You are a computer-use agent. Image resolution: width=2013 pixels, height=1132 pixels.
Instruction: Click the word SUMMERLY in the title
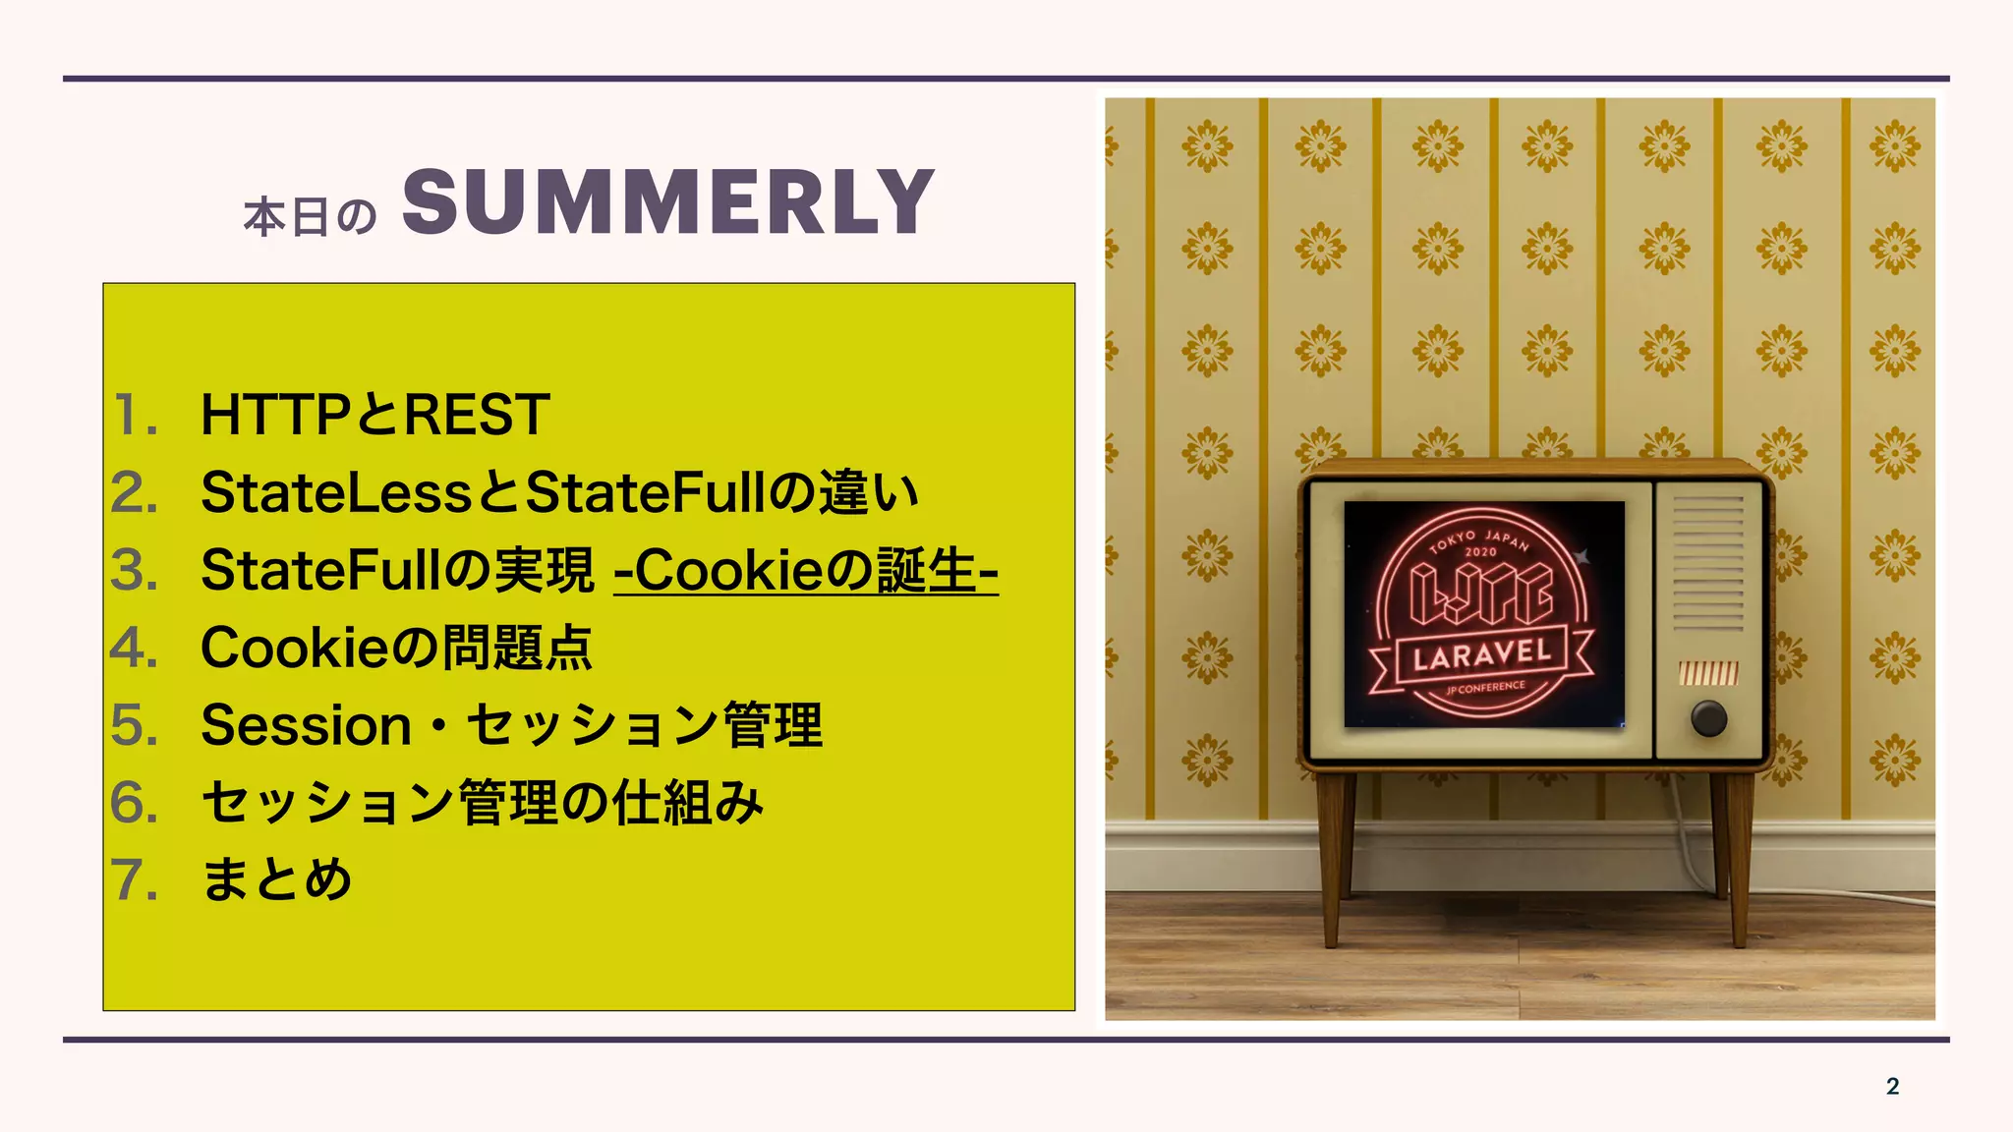click(x=667, y=202)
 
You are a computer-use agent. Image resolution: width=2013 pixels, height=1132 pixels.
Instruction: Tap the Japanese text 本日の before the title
click(x=310, y=217)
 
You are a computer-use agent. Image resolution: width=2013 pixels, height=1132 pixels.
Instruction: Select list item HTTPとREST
click(x=374, y=415)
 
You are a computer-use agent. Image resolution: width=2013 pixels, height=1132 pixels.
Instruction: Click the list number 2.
click(x=135, y=492)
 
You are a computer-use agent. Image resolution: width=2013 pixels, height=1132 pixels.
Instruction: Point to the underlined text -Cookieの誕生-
click(x=806, y=570)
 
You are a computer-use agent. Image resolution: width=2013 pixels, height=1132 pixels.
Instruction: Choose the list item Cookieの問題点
click(x=396, y=648)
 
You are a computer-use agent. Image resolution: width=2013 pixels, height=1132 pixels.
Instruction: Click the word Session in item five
click(x=306, y=725)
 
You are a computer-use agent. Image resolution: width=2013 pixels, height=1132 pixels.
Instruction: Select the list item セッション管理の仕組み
click(x=482, y=803)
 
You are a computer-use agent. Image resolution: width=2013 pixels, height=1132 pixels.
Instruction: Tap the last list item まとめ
click(x=276, y=879)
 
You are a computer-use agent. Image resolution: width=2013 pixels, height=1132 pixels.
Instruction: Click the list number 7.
click(x=135, y=879)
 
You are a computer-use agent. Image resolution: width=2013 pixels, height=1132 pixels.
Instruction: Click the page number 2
click(x=1892, y=1086)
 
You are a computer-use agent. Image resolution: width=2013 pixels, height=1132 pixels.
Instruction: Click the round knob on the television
click(x=1708, y=718)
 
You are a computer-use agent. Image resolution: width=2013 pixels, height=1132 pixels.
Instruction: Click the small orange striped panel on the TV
click(x=1708, y=673)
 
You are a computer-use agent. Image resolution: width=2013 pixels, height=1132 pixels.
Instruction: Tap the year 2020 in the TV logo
click(x=1480, y=552)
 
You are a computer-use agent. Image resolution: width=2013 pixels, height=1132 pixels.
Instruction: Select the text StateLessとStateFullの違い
click(x=559, y=492)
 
